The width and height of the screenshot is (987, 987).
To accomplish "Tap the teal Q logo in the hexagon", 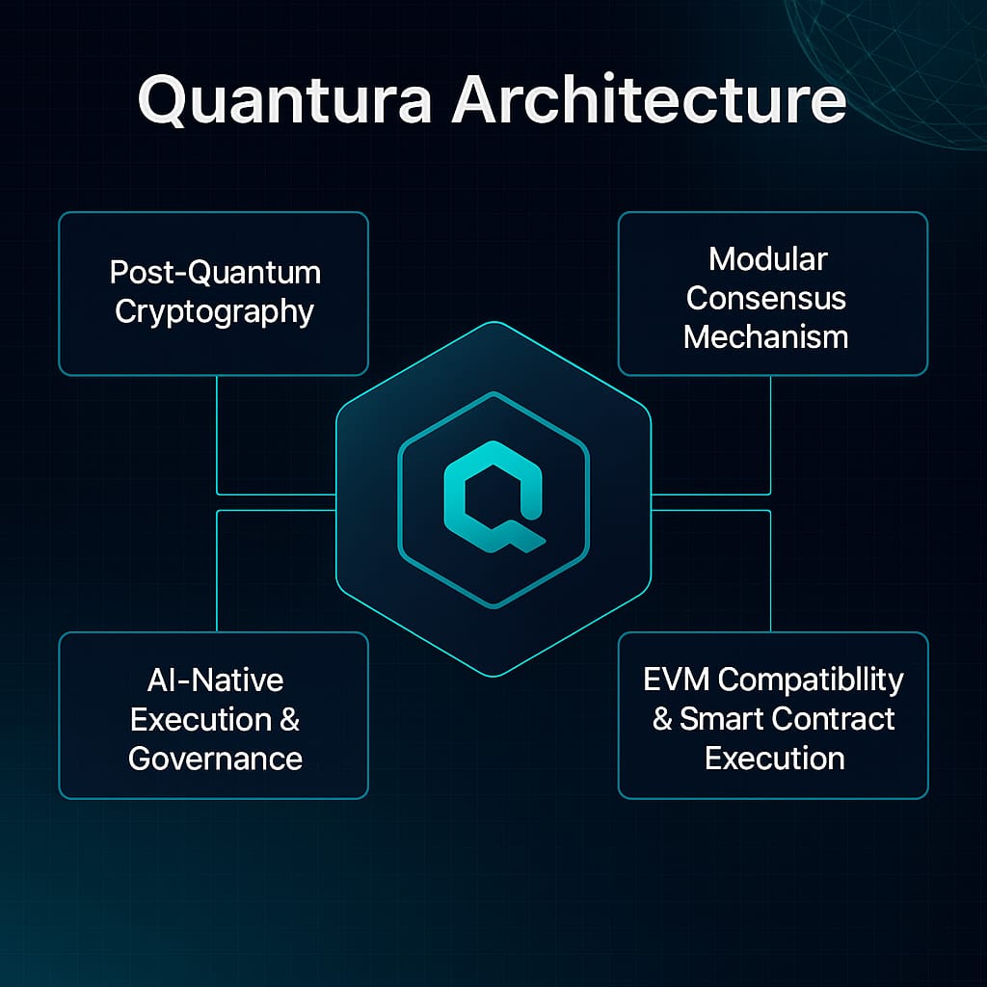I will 492,497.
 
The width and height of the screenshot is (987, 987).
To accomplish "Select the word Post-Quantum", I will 215,272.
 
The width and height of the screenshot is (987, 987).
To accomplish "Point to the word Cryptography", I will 214,312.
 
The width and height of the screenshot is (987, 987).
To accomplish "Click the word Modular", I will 768,258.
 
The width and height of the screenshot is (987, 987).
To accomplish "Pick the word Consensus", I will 766,298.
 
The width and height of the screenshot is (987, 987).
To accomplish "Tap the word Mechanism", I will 766,337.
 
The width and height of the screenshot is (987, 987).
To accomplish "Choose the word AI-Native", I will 216,680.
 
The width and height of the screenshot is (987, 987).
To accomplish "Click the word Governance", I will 216,759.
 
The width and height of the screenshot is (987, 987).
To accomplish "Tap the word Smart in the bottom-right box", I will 719,719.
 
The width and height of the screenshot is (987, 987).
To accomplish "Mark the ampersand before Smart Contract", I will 662,720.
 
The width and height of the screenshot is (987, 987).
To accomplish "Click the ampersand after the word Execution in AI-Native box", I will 289,720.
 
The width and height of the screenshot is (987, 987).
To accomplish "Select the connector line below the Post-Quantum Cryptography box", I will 217,434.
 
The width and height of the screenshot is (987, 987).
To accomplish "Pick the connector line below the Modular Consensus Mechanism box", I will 770,434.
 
